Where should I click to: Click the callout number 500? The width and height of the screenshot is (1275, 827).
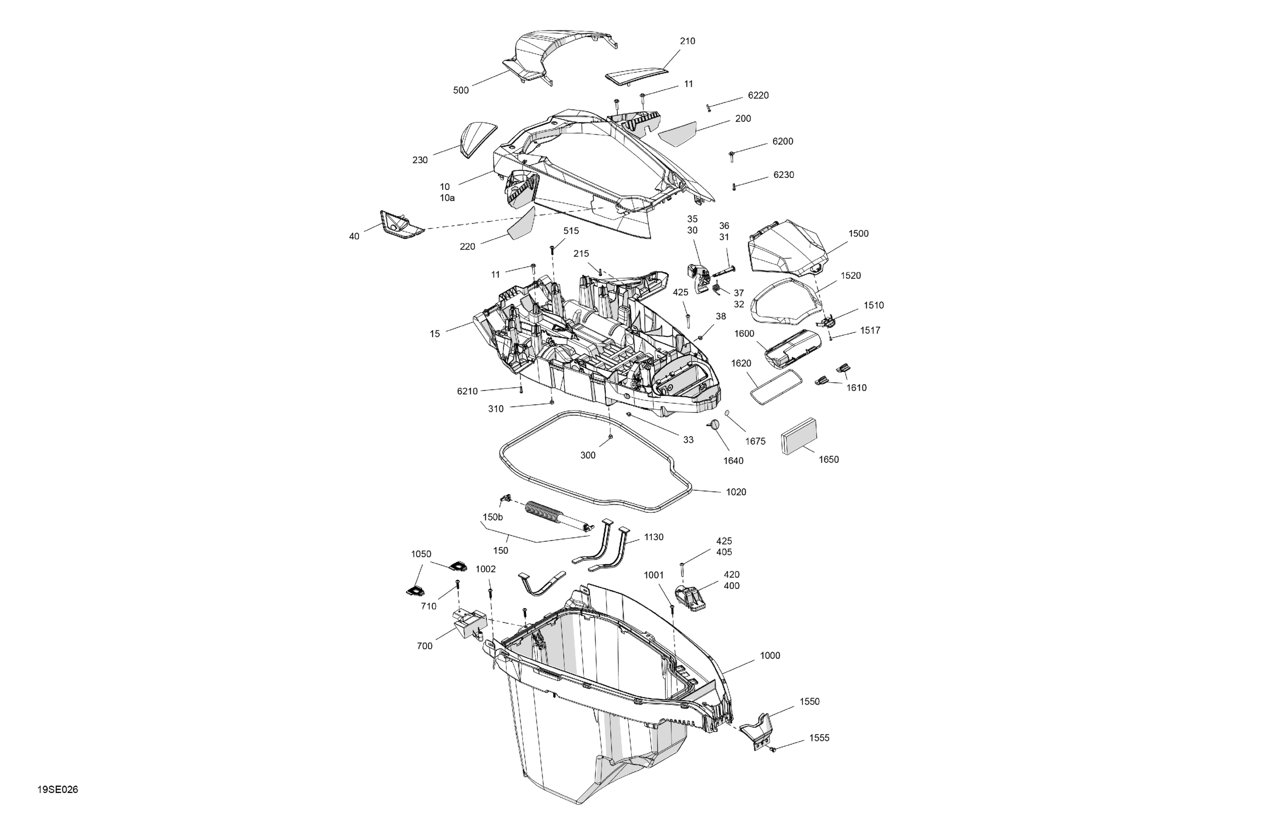[461, 91]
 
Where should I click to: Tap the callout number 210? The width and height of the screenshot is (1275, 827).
[687, 41]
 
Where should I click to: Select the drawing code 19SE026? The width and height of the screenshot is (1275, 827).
[58, 790]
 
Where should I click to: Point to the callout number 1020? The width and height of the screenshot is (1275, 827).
[736, 492]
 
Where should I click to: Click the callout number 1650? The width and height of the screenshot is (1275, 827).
[828, 459]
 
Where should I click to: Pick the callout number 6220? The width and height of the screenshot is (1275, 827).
[758, 95]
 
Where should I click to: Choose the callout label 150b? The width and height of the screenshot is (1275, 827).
[492, 517]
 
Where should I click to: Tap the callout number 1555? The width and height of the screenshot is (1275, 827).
[819, 738]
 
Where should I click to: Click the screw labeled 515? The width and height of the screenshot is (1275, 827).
[552, 250]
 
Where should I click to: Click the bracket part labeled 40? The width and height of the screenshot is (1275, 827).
[401, 225]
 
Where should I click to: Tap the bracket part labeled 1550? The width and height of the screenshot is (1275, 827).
[757, 731]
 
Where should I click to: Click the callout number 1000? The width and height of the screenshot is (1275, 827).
[770, 656]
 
